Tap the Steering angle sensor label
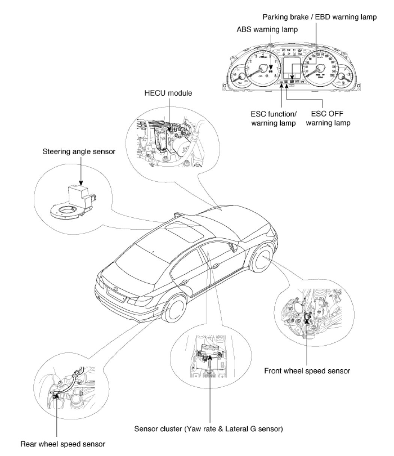[79, 152]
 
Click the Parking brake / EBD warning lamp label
[319, 17]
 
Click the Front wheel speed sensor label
[307, 371]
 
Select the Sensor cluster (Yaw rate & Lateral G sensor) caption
[209, 428]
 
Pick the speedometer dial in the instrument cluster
[319, 68]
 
